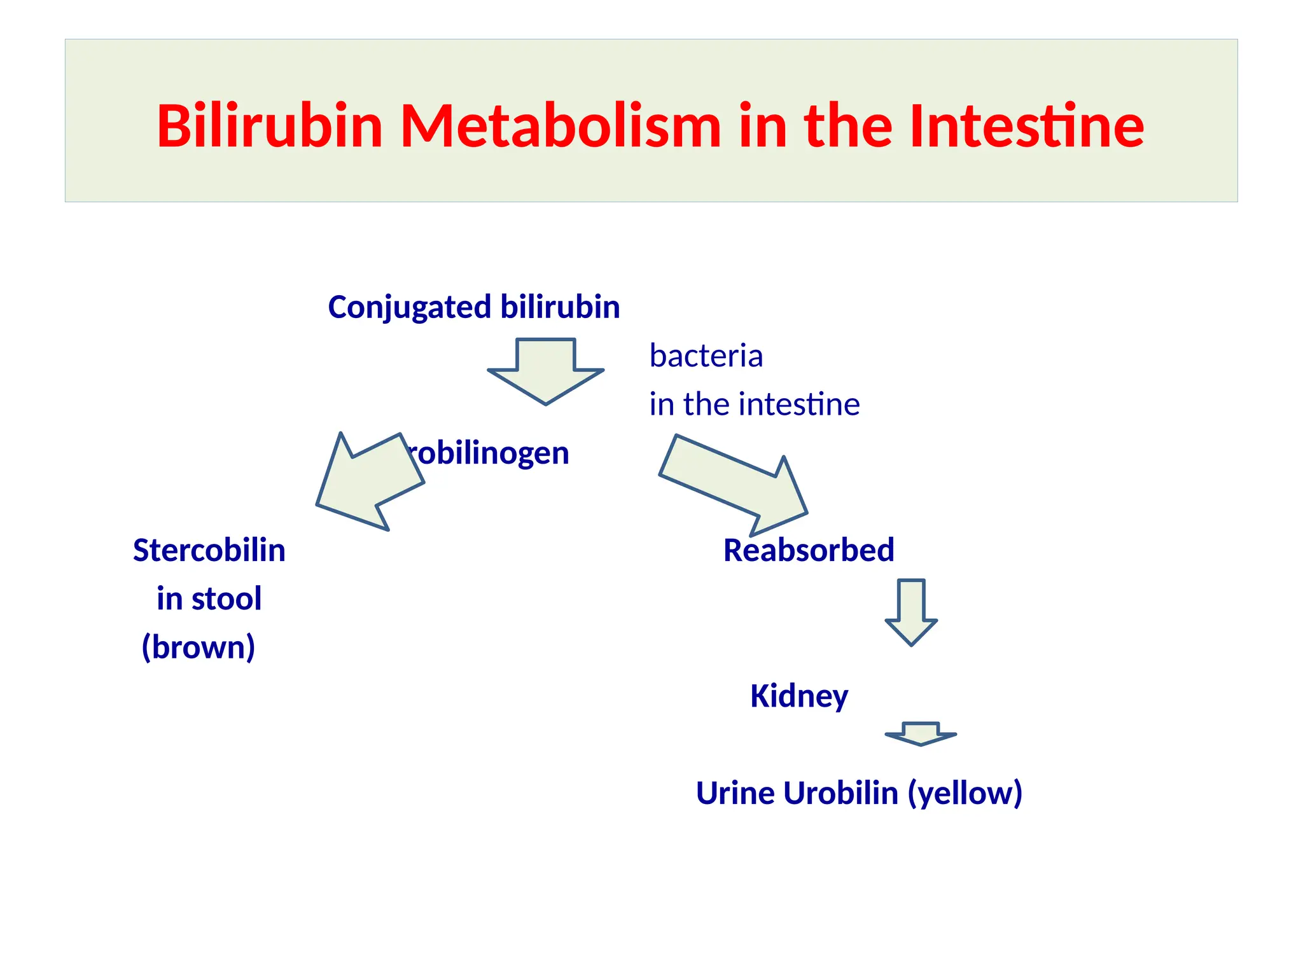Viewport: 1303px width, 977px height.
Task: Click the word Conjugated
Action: coord(409,308)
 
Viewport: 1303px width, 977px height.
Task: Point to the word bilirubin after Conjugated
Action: coord(560,307)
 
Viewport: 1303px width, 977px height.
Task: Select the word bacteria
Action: coord(706,356)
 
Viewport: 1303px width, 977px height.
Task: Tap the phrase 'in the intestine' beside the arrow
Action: coord(754,405)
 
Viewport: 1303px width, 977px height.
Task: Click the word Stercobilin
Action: coord(209,550)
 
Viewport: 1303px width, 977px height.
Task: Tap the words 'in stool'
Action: coord(209,599)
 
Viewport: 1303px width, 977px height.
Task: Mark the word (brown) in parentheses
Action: coord(198,647)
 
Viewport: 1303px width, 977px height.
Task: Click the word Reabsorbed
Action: coord(809,550)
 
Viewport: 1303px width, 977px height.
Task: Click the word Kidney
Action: coord(798,696)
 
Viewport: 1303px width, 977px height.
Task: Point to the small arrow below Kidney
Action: coord(921,733)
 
